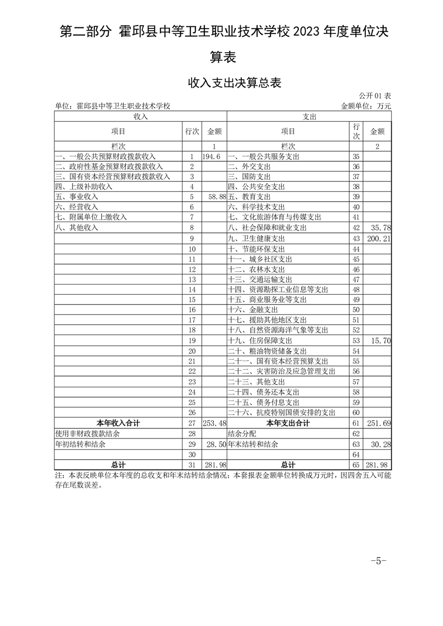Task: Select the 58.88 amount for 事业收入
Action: pyautogui.click(x=215, y=197)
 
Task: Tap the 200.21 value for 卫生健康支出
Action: pyautogui.click(x=377, y=238)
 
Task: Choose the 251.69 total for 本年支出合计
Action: pyautogui.click(x=377, y=423)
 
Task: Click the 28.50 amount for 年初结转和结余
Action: pyautogui.click(x=215, y=445)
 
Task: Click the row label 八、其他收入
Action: pyautogui.click(x=77, y=228)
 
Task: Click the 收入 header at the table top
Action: pyautogui.click(x=140, y=117)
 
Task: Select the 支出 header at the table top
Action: pyautogui.click(x=309, y=117)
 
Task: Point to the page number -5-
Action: pyautogui.click(x=378, y=561)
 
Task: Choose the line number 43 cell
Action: pyautogui.click(x=356, y=238)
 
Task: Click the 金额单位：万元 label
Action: pyautogui.click(x=365, y=105)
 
